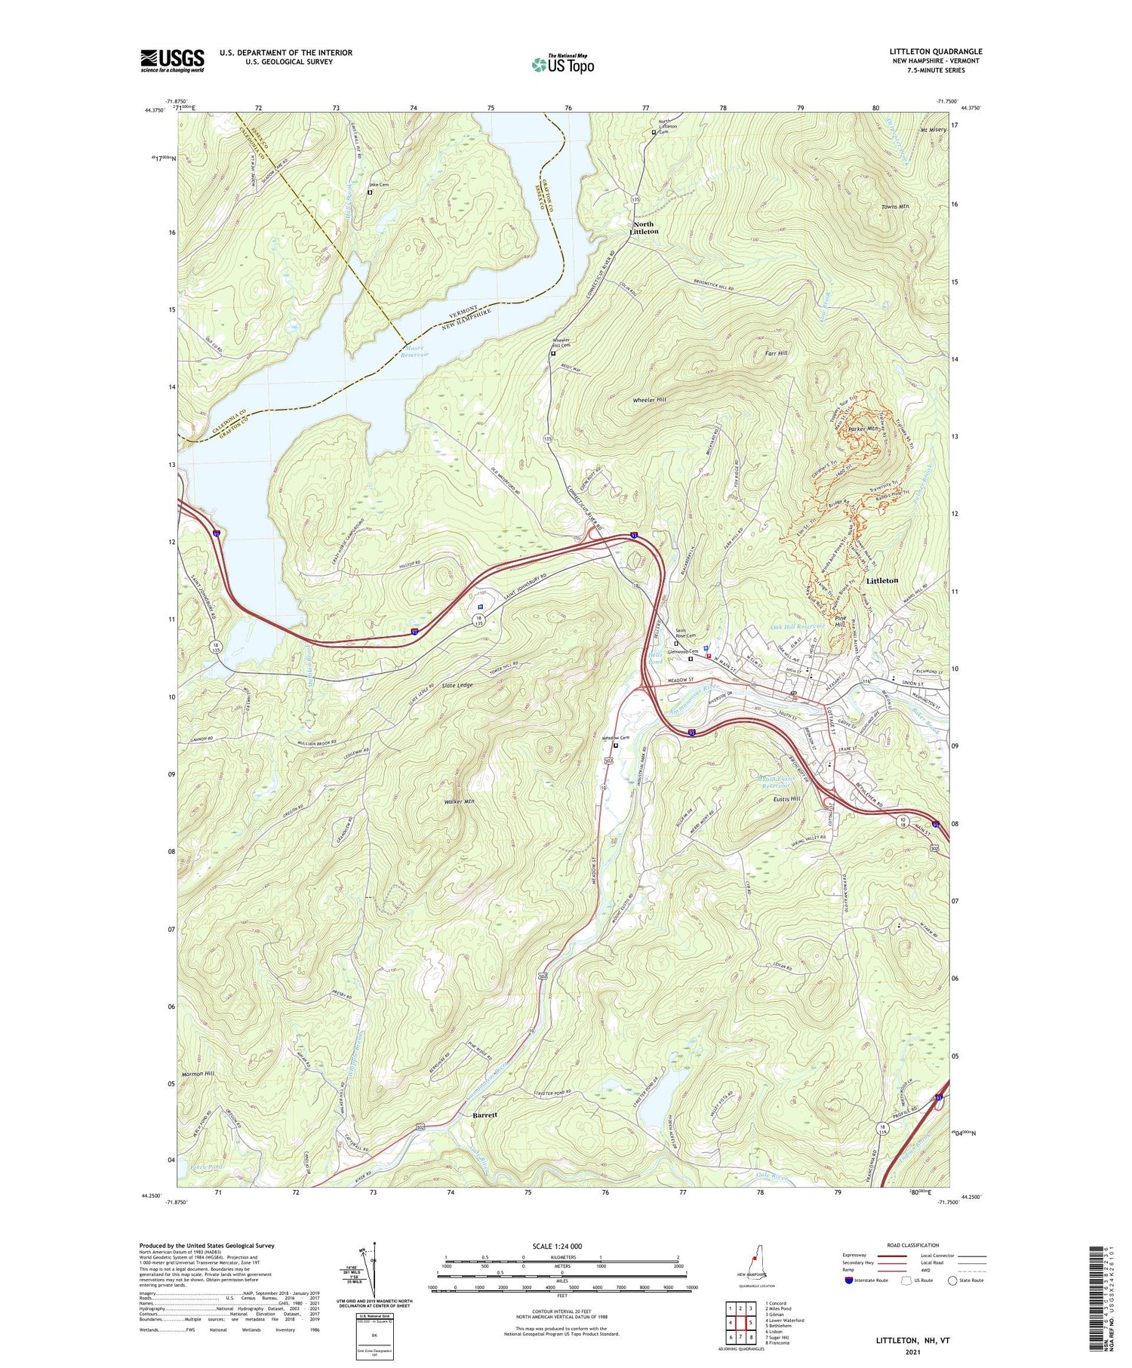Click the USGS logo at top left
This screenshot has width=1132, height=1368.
pos(172,60)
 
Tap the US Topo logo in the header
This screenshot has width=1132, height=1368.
pos(562,64)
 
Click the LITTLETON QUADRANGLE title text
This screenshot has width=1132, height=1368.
pos(935,52)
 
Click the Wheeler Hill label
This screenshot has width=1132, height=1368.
pos(649,400)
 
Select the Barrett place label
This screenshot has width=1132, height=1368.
pos(485,1114)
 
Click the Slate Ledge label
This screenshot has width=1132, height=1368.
pos(457,685)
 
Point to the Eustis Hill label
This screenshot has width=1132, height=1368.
pos(804,798)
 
